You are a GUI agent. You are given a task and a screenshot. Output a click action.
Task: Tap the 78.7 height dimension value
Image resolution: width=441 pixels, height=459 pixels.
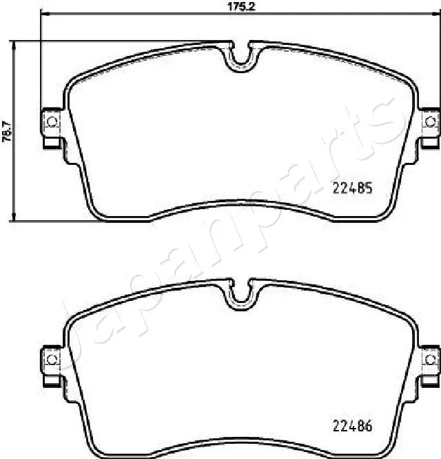[x=6, y=130]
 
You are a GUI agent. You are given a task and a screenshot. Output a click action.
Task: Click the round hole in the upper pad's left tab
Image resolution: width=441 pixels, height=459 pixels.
[x=51, y=122]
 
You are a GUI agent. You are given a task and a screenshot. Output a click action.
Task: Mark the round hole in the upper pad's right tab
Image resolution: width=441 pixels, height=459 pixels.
[x=431, y=122]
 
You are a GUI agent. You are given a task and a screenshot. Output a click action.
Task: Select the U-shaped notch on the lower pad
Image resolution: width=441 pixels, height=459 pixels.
[x=240, y=293]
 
